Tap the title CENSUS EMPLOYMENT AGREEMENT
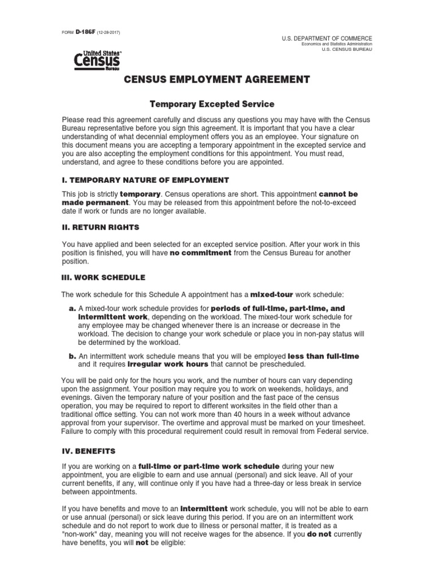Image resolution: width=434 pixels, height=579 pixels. coord(217,80)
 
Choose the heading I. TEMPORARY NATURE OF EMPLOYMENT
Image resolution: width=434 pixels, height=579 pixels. coord(145,180)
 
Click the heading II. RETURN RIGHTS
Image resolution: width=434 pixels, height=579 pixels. coord(96,230)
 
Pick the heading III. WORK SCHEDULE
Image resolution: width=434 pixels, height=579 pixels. coord(103,278)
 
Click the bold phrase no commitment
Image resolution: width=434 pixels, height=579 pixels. coord(201,253)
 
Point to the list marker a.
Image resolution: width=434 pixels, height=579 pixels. coord(72,309)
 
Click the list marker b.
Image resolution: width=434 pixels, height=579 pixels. coord(72,356)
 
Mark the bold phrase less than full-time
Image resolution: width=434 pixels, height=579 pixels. coord(323,356)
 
